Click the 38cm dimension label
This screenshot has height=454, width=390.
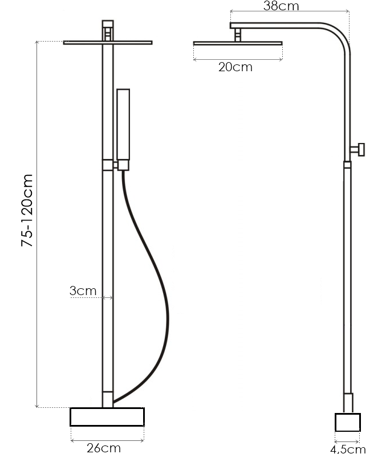pos(281,6)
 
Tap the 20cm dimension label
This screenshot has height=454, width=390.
pos(235,67)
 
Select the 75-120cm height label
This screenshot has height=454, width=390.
pos(27,211)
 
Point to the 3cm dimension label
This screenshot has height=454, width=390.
pos(83,291)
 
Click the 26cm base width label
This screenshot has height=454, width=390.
pos(104,448)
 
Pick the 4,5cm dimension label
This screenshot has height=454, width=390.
pos(348,449)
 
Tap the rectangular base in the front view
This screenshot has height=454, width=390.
pos(107,416)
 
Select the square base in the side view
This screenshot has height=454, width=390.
pos(348,422)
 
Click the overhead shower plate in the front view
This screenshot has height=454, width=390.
pos(108,43)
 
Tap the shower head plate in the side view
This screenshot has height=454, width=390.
pos(238,43)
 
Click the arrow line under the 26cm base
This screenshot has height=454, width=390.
pos(107,441)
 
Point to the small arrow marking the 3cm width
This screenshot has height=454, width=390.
pos(108,297)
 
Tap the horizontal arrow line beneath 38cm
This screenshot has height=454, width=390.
pos(290,11)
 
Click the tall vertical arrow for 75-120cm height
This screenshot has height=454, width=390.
pos(37,224)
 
